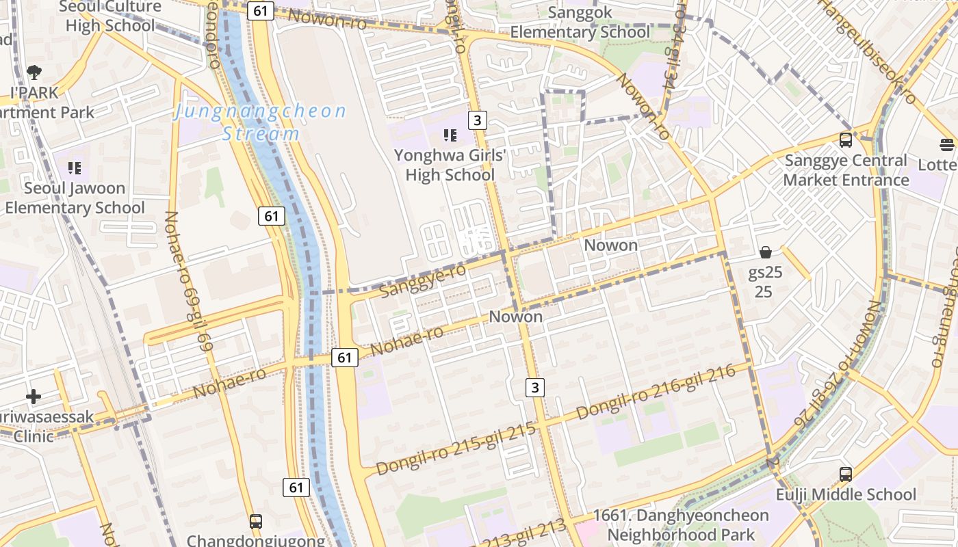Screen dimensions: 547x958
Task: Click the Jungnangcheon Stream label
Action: (261, 122)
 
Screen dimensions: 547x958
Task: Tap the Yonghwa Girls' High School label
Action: (450, 165)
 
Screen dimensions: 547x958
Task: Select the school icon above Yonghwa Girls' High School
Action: (450, 135)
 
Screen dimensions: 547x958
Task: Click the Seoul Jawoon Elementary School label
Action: (75, 198)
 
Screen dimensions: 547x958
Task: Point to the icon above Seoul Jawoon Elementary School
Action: (75, 168)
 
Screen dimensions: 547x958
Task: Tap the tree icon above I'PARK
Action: (34, 72)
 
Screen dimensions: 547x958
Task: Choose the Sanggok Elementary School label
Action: (580, 23)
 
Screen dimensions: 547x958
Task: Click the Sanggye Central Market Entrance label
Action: (846, 170)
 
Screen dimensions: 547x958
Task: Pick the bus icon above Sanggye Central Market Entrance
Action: (846, 140)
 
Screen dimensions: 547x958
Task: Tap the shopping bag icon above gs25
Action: (765, 252)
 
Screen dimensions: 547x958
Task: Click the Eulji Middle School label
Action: (846, 494)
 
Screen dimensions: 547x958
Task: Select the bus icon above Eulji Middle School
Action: (846, 474)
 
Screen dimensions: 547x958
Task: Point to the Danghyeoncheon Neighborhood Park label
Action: (681, 524)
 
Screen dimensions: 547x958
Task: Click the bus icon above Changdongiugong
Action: (255, 522)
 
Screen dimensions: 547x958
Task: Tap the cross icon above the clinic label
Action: (34, 397)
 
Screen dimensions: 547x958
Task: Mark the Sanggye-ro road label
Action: (422, 280)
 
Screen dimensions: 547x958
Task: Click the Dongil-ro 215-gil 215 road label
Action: (456, 449)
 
